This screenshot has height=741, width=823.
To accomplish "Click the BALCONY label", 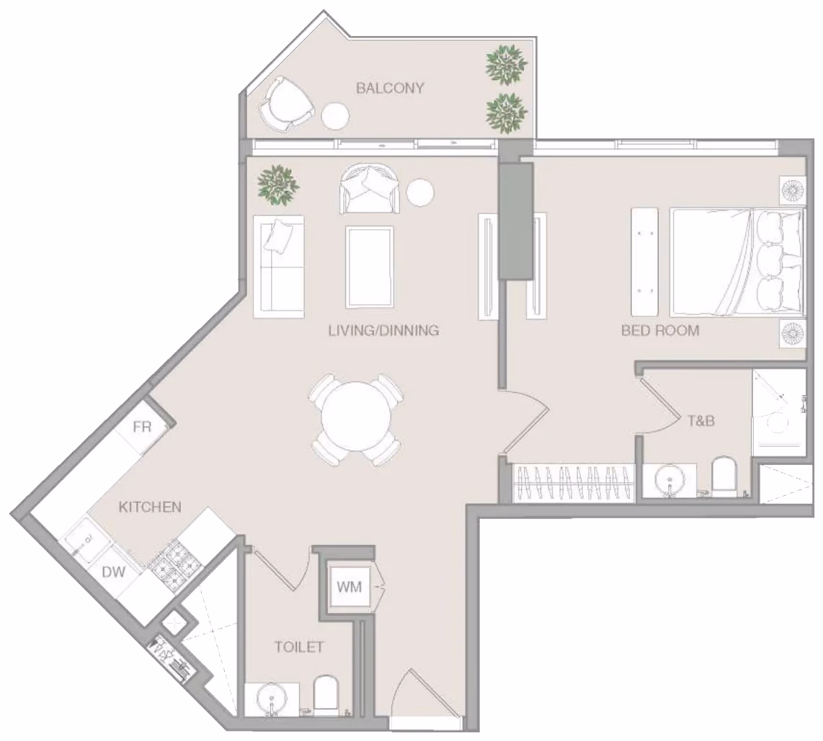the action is click(389, 88).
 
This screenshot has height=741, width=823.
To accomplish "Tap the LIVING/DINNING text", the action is click(383, 330).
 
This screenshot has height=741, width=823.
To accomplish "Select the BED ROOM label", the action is click(659, 330).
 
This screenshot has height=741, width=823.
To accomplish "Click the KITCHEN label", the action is click(150, 507).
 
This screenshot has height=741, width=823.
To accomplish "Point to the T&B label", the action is click(701, 421).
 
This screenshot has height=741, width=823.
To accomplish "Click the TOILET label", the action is click(299, 647).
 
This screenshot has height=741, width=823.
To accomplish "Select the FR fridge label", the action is click(142, 427).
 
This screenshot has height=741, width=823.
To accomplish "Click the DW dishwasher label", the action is click(113, 572).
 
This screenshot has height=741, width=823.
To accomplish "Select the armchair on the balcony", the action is click(287, 104).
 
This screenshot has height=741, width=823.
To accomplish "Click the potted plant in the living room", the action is click(277, 185).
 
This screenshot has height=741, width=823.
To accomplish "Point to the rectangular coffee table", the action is click(369, 267).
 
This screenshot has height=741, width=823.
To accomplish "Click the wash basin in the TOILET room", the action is click(272, 699).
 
